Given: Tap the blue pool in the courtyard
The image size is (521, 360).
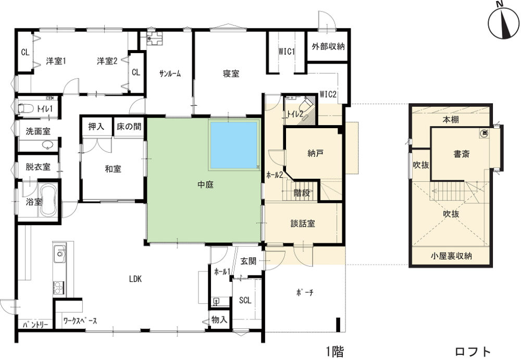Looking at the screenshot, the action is (233, 145).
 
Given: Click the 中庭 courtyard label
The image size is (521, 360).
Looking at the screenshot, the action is (205, 185).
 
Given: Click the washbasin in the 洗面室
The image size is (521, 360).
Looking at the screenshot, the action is (48, 145).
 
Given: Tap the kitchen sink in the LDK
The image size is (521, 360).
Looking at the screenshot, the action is (59, 253).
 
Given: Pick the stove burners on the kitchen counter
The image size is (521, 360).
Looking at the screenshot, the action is (59, 287).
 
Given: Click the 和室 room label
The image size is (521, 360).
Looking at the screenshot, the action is (113, 169).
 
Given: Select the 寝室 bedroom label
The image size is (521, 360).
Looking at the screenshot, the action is (231, 73).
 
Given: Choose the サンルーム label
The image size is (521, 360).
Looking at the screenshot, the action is (170, 74).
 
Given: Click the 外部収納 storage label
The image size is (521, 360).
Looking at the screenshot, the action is (328, 46).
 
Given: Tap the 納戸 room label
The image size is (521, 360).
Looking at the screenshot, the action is (316, 154).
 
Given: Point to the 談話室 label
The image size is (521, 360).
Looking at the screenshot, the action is (303, 224).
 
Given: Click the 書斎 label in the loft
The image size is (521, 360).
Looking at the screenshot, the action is (462, 154).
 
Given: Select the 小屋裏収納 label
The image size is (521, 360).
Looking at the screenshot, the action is (451, 256).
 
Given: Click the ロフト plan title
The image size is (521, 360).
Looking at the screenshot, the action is (473, 351).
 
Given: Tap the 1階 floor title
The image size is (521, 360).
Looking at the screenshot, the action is (334, 351).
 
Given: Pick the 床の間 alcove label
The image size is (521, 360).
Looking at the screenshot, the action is (129, 126).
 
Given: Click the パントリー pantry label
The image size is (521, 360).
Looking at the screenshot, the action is (35, 325).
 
